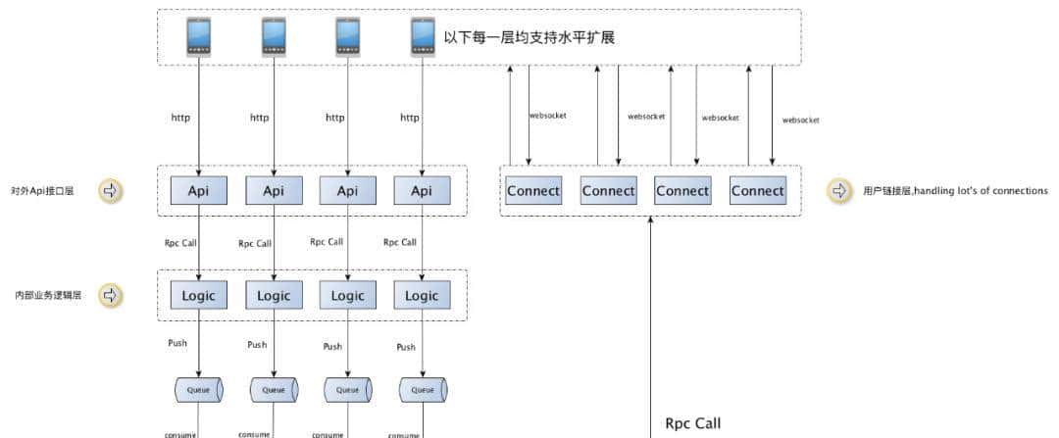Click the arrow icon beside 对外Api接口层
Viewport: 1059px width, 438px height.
click(111, 191)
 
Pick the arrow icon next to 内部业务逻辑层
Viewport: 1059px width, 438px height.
click(111, 294)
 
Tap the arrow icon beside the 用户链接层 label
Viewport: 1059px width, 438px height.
click(839, 191)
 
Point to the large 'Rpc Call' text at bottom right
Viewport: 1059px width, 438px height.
click(692, 423)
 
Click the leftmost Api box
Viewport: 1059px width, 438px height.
click(199, 191)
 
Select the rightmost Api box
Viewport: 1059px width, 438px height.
click(422, 191)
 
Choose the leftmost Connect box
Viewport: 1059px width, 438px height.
click(533, 191)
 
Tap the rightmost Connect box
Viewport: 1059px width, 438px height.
click(757, 191)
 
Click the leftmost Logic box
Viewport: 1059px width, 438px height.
click(199, 295)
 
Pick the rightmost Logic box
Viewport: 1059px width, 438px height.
click(422, 295)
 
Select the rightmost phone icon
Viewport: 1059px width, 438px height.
click(422, 37)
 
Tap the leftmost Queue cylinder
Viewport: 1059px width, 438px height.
click(199, 389)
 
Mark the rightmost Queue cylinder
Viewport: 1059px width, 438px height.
click(422, 389)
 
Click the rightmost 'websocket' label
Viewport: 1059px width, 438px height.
click(800, 120)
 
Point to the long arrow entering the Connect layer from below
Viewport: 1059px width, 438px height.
click(651, 323)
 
